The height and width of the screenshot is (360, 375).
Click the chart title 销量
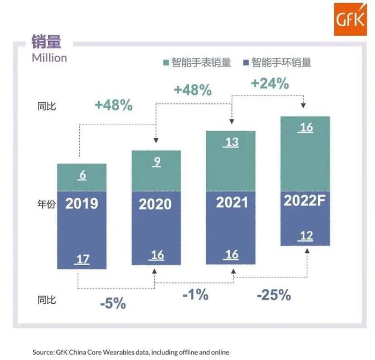click(x=46, y=42)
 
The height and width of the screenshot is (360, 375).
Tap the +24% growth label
click(x=269, y=84)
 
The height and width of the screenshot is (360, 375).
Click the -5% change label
click(x=112, y=303)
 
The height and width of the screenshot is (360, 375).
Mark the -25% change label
click(x=273, y=295)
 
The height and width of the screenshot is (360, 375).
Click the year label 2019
click(x=81, y=204)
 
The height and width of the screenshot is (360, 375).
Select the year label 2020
click(x=155, y=204)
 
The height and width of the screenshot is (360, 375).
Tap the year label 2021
click(x=232, y=202)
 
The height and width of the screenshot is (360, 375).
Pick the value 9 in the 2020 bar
click(x=156, y=162)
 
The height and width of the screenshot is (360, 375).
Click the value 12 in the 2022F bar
click(x=306, y=236)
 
